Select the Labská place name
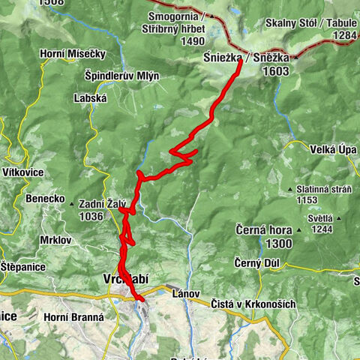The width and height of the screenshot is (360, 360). [91, 97]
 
